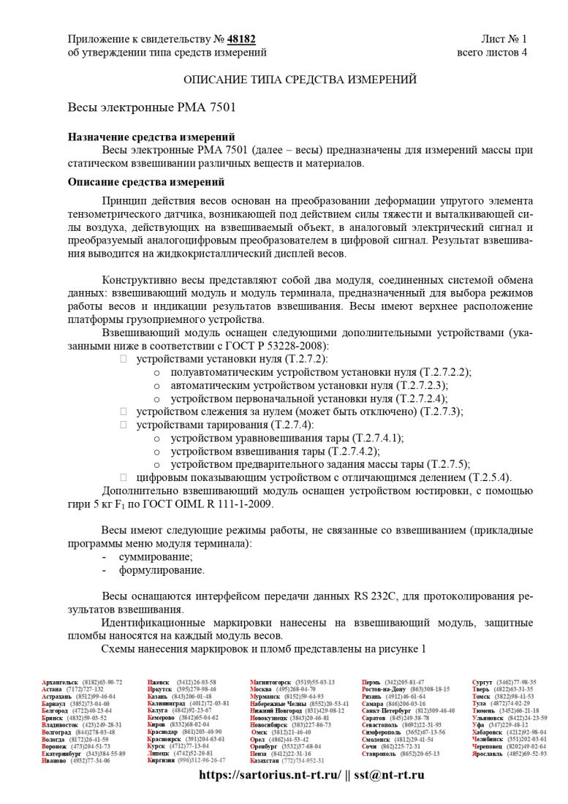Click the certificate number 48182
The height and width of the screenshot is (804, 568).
coord(241,39)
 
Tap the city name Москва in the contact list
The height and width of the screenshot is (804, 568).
coord(261,689)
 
